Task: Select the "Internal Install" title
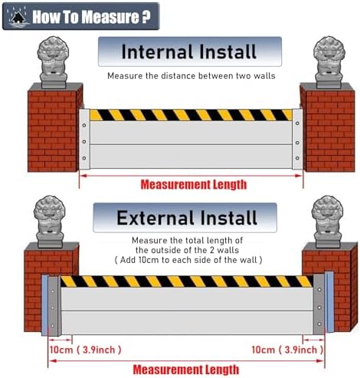click(x=190, y=52)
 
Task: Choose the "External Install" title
click(x=186, y=218)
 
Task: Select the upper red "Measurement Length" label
click(x=193, y=184)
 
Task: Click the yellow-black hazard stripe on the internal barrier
click(x=191, y=115)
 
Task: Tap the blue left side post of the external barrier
click(x=44, y=304)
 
